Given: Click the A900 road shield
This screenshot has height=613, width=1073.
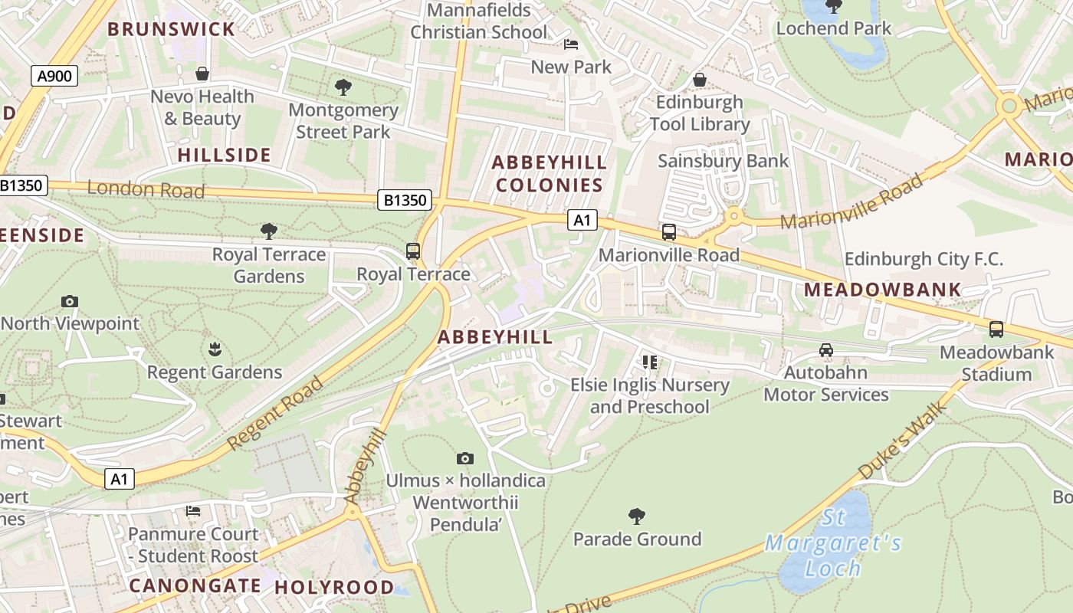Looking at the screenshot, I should tap(54, 75).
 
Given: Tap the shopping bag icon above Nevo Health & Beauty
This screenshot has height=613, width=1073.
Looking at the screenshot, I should tap(202, 74).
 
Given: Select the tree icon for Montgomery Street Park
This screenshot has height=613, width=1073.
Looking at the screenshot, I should tap(343, 87).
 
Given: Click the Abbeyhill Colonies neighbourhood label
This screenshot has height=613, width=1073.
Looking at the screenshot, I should tap(549, 174).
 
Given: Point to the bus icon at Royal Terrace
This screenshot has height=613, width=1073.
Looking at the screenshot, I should tap(413, 251).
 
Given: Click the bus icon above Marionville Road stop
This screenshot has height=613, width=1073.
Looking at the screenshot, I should tap(669, 232).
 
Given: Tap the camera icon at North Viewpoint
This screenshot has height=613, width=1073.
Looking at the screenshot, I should tap(70, 301).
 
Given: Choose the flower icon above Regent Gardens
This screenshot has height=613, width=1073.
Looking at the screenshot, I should tap(215, 350).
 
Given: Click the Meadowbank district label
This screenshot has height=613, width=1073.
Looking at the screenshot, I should tap(883, 290).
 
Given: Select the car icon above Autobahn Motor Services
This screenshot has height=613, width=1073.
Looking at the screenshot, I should tap(826, 350).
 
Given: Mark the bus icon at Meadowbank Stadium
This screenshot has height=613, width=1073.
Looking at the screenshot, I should tap(996, 329).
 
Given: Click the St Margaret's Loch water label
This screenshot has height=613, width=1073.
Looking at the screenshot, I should tap(834, 543).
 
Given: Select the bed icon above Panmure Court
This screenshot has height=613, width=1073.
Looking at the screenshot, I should tap(193, 510).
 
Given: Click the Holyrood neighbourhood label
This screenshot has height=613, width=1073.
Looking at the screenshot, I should tap(334, 587).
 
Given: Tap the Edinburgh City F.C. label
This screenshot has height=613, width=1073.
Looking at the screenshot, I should tap(924, 259).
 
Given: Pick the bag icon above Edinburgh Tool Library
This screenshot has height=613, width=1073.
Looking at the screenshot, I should tap(699, 80).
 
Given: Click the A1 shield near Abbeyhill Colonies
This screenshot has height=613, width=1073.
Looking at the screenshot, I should tap(582, 221).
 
